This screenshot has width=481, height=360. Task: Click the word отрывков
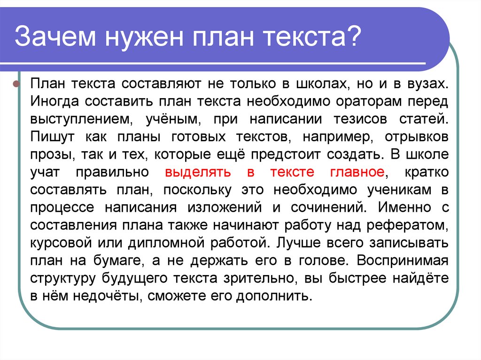pyautogui.click(x=416, y=136)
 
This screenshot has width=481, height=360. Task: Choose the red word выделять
pyautogui.click(x=198, y=171)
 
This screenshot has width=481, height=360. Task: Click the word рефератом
pyautogui.click(x=411, y=224)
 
